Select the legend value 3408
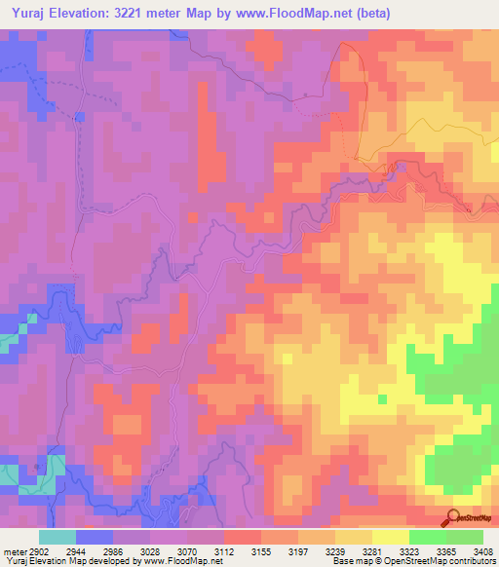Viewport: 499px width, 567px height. [x=483, y=551]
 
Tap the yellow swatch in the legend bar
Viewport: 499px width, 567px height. [x=390, y=537]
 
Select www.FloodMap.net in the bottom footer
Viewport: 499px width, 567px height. [x=181, y=562]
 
